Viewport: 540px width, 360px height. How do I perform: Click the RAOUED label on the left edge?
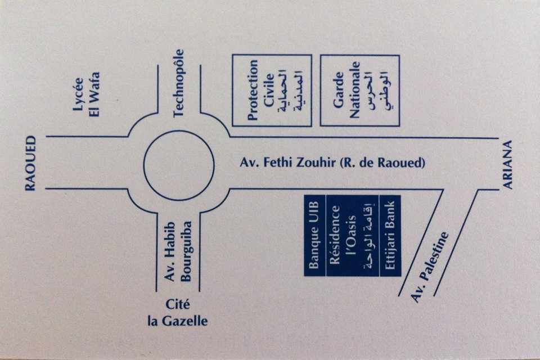tap(30, 163)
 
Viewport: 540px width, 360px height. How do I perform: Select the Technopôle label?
tap(179, 83)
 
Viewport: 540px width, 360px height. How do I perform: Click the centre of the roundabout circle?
tap(179, 165)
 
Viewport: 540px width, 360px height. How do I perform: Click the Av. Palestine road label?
tap(431, 267)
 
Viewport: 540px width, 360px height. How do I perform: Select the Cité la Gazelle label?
tap(177, 313)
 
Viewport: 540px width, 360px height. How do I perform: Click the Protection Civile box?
tap(272, 90)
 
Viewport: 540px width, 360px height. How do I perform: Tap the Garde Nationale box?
tap(359, 90)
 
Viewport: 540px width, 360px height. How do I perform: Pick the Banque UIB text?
tap(314, 236)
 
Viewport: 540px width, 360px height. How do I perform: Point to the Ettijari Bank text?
tap(390, 236)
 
